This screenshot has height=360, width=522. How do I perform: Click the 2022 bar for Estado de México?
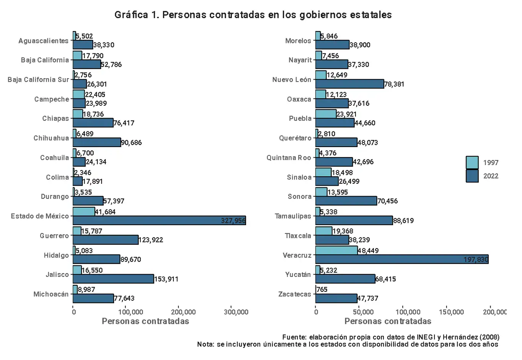[159, 220]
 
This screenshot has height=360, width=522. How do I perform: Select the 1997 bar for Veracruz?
[336, 250]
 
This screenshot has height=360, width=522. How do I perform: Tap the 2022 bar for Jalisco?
[113, 279]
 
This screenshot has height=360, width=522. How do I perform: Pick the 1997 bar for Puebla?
[326, 114]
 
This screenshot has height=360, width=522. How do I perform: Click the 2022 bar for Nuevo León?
[349, 84]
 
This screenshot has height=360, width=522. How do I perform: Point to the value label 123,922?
[151, 240]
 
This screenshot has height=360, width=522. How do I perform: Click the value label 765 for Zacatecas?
[322, 290]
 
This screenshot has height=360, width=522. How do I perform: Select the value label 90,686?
[131, 143]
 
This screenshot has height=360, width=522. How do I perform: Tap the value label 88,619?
[403, 221]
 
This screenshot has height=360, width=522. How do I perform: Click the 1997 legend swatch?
[472, 162]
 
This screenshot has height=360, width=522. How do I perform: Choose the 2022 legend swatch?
[472, 176]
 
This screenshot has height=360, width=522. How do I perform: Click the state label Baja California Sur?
[38, 80]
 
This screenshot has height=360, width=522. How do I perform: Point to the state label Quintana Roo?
[289, 158]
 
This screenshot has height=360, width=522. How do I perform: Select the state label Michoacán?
[51, 294]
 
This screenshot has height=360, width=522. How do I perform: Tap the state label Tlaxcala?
[298, 236]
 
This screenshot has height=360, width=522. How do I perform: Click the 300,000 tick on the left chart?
[236, 312]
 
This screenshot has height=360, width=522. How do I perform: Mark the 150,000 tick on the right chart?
[451, 312]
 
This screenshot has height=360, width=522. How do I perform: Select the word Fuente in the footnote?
[294, 337]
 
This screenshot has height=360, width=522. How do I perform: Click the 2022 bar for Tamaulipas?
[354, 220]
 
